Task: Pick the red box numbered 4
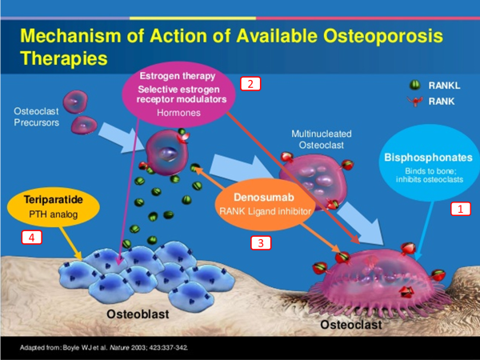[x=30, y=237]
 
